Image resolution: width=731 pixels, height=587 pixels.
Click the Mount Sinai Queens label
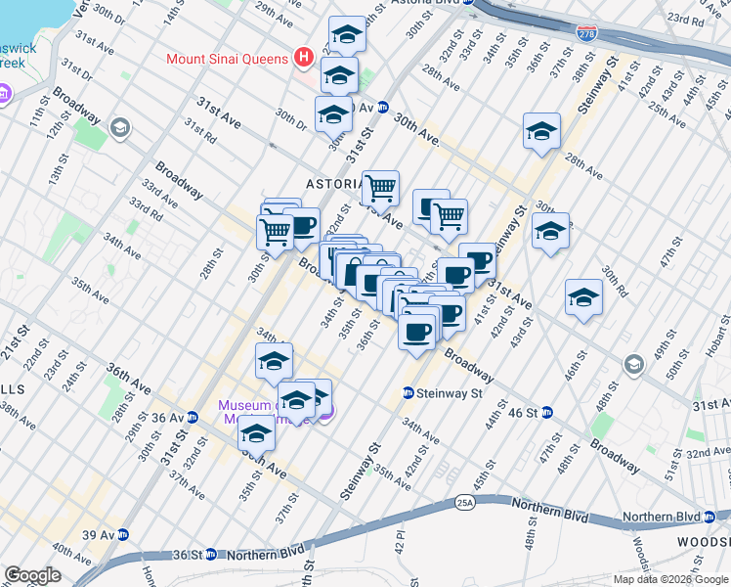tap(227, 58)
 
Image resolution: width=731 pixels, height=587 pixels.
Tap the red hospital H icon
tap(303, 58)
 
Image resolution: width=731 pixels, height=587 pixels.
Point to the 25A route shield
tap(464, 503)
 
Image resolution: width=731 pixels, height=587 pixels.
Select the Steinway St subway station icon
tap(408, 393)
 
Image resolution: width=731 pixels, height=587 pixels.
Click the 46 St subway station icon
tap(548, 412)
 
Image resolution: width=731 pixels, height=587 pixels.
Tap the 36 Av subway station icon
tap(193, 417)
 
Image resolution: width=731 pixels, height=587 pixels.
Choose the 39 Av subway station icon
tap(124, 535)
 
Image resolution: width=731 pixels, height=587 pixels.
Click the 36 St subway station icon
tap(211, 553)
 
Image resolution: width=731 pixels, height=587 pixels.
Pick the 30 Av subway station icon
tap(383, 108)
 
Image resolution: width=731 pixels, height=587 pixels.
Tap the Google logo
tap(32, 575)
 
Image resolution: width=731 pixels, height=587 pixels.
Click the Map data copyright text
tap(668, 579)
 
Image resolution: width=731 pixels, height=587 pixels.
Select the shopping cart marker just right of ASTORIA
tap(380, 186)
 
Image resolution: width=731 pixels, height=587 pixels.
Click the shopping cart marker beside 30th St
tap(275, 232)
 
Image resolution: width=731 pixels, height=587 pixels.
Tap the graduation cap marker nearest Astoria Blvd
tap(346, 35)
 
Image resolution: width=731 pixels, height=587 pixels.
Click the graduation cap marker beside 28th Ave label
tap(541, 130)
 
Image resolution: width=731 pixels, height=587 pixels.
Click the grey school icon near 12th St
tap(120, 127)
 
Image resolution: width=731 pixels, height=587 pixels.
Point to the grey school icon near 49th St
tap(634, 366)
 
